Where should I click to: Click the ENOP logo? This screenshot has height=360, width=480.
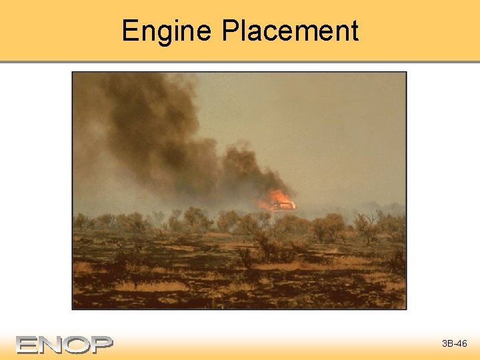click(65, 344)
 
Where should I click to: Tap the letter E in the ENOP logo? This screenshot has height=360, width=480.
click(28, 344)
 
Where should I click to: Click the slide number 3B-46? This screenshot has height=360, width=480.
click(455, 344)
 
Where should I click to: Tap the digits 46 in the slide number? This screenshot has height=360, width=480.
click(462, 344)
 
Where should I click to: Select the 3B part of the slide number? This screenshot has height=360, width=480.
click(447, 344)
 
